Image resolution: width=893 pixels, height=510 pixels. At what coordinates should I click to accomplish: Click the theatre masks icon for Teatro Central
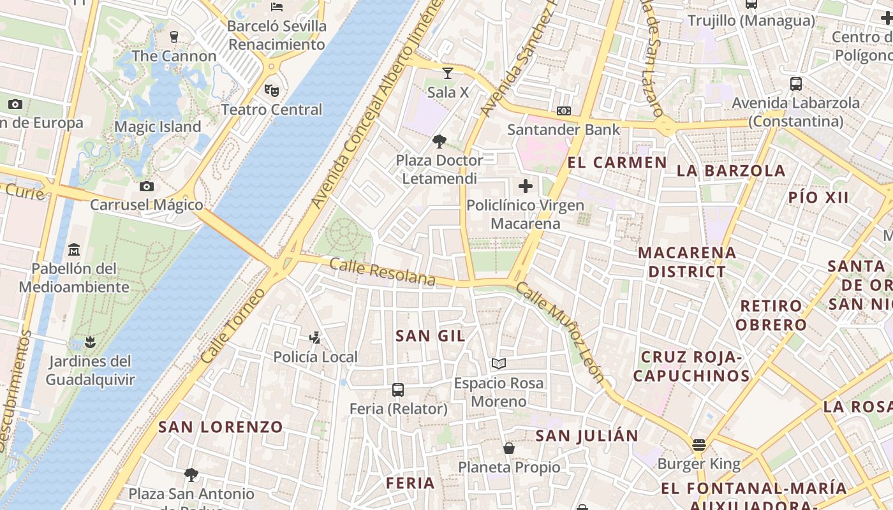(272, 91)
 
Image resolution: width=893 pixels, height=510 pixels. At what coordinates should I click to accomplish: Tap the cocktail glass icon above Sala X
(448, 73)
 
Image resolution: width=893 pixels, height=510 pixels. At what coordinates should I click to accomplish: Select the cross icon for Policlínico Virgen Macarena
(525, 186)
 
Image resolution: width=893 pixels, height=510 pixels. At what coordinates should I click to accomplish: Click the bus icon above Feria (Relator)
(398, 390)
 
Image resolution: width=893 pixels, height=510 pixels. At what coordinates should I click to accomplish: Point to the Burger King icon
(699, 445)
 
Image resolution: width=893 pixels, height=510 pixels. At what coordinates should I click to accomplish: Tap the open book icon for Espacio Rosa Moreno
(499, 363)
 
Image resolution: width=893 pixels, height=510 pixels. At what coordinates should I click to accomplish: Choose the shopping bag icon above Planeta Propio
(509, 448)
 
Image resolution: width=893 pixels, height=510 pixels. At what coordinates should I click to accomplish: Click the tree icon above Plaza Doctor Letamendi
(439, 141)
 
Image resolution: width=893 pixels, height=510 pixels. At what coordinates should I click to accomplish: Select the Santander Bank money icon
(563, 111)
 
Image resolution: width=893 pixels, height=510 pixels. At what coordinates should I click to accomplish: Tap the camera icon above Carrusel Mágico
(147, 186)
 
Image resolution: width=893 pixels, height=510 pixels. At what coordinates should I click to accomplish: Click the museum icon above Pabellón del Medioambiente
(74, 249)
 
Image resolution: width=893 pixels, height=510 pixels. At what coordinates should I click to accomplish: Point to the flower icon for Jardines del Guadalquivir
(90, 342)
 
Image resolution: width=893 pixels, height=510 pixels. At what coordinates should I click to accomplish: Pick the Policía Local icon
(314, 337)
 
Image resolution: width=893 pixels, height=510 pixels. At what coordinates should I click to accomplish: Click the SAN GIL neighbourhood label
(431, 336)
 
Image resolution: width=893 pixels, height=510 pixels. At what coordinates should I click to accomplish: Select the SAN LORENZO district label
(221, 427)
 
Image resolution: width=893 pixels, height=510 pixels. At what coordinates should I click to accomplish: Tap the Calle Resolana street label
(383, 273)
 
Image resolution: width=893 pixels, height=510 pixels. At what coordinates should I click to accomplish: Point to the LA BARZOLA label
(731, 171)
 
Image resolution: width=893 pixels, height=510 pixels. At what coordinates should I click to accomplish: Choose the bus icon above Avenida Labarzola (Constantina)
(796, 84)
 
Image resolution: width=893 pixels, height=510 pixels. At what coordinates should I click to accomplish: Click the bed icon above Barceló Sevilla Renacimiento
(277, 7)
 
